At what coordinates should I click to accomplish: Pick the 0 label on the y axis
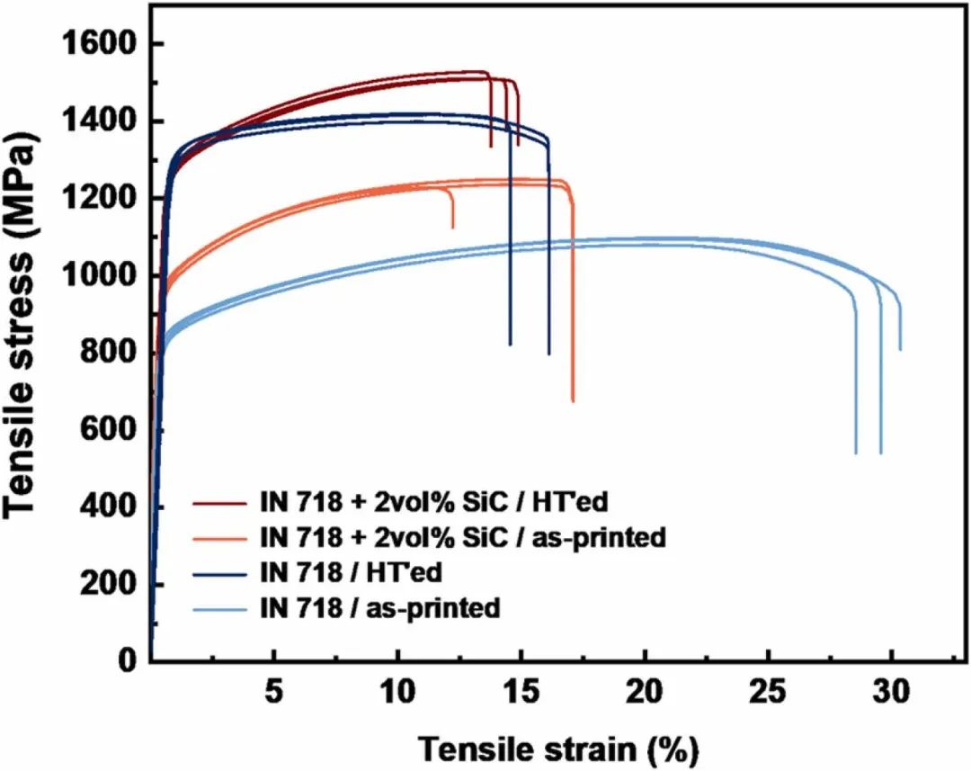[129, 661]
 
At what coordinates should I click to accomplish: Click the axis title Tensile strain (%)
[557, 747]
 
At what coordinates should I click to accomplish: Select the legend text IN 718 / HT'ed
[350, 573]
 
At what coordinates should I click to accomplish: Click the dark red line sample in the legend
[220, 502]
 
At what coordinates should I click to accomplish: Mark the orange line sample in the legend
[220, 538]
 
